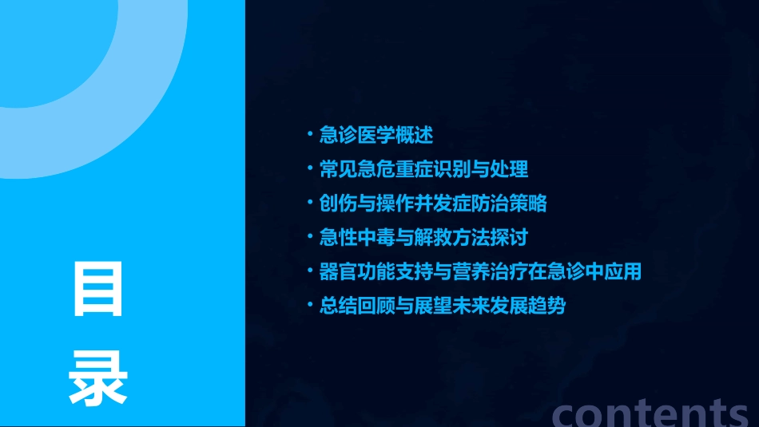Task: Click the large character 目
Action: point(98,288)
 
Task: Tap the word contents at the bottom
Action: point(650,412)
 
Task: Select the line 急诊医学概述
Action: point(376,135)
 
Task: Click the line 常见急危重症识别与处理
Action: point(423,169)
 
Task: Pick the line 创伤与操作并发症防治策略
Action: point(433,204)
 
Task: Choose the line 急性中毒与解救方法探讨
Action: point(423,238)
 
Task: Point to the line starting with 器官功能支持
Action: point(480,271)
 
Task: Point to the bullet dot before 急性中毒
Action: point(311,236)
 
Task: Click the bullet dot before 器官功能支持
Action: point(311,271)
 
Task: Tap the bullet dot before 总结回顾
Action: point(311,305)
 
